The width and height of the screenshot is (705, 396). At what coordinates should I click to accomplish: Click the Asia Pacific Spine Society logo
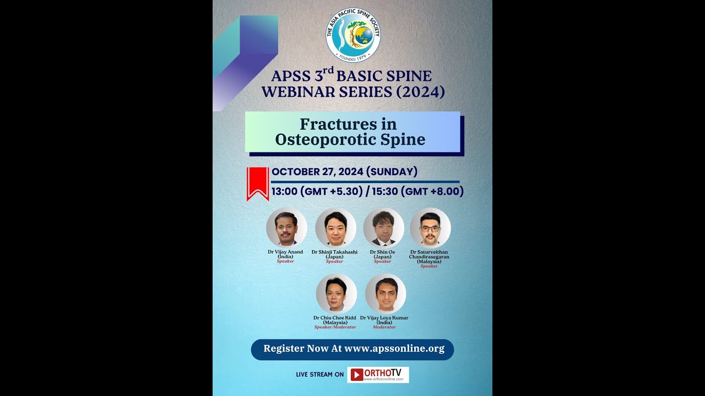tap(353, 35)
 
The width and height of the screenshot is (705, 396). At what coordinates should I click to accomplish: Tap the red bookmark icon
tap(258, 183)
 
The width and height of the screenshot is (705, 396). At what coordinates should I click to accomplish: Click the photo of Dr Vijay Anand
tap(286, 227)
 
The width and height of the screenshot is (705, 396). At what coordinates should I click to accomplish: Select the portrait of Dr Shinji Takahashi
tap(335, 227)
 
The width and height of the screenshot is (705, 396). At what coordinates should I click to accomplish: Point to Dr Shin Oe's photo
tap(383, 227)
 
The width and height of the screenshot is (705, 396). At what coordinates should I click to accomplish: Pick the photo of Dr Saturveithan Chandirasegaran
tap(430, 227)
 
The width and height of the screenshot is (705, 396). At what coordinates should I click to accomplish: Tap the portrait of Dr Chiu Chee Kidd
tap(336, 294)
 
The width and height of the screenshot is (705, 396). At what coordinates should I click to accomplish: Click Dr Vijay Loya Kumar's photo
tap(385, 294)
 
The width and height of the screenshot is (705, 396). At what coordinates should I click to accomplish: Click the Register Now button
tap(352, 349)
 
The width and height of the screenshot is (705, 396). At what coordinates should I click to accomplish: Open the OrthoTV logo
tap(378, 375)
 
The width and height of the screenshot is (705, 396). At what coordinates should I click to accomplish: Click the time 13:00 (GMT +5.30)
tap(317, 191)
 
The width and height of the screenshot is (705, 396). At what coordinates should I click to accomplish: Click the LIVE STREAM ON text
tap(319, 375)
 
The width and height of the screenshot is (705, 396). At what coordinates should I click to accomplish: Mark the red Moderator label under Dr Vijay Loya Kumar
tap(384, 327)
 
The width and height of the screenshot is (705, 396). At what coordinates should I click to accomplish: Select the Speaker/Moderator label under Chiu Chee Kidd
tap(335, 327)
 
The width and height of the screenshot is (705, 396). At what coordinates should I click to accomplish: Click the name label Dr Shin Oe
tap(382, 252)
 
